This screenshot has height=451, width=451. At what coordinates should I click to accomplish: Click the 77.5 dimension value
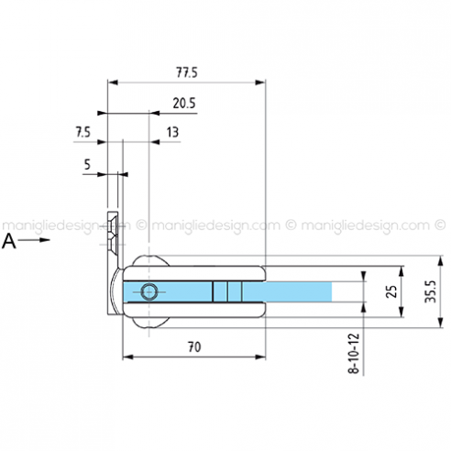pos(187,72)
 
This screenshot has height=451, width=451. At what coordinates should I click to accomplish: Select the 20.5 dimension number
pos(184,104)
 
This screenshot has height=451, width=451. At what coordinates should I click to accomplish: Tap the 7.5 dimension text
pos(83,133)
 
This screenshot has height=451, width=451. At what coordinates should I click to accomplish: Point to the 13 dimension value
pos(172,132)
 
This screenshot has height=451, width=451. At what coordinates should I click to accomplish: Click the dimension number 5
pos(87,165)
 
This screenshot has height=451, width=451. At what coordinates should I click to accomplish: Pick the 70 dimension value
pos(194,347)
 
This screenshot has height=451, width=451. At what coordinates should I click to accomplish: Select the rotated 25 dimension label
pos(391,291)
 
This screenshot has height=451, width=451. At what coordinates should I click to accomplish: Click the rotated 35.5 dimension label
pos(431,291)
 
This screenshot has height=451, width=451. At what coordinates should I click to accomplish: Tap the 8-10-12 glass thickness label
pos(354,354)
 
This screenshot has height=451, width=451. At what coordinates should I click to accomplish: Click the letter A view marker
pos(9,242)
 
